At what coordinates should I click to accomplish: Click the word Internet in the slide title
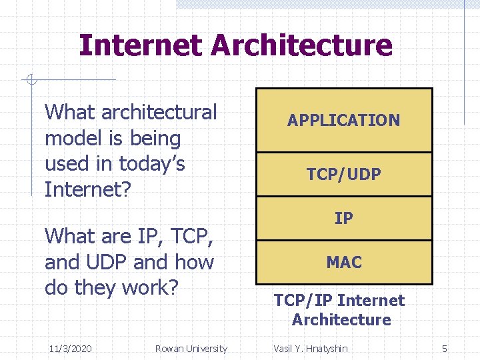coord(141,45)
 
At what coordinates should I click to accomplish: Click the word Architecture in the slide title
coord(301,45)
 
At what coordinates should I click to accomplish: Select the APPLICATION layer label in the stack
coord(343,121)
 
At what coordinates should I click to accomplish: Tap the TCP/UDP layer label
coord(343,175)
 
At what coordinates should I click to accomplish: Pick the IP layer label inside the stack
coord(343,218)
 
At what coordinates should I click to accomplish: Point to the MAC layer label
coord(343,263)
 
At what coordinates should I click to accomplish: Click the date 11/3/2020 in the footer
coord(71,349)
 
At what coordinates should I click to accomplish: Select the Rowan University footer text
coord(191,349)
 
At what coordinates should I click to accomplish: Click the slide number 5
coord(445,349)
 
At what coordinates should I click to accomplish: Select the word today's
coord(151,164)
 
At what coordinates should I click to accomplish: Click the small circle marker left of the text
coord(30,81)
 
